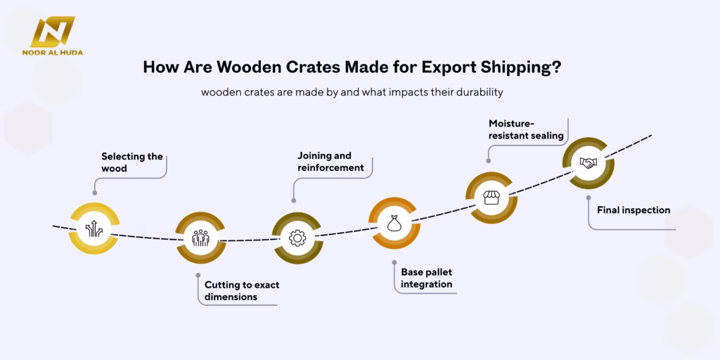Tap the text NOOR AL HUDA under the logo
52,52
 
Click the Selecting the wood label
131,162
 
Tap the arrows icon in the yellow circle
94,229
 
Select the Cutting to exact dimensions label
242,290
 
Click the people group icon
200,238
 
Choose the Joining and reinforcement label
330,162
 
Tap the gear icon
297,238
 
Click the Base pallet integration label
427,278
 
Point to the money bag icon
394,224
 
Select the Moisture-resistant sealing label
526,129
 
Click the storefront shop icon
491,198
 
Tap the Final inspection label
634,210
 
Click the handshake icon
588,162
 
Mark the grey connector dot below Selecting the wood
95,193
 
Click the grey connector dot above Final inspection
589,198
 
